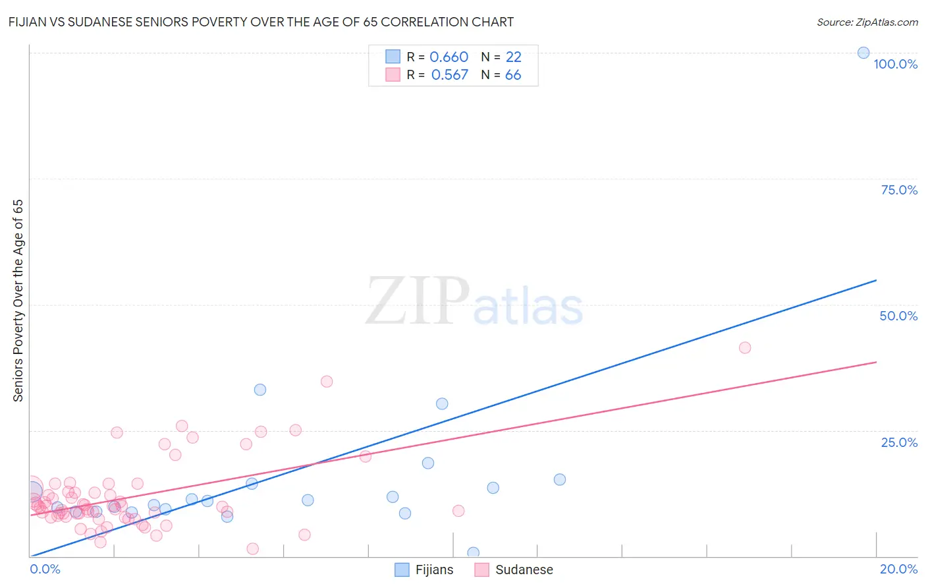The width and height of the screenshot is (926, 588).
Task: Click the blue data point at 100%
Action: [863, 53]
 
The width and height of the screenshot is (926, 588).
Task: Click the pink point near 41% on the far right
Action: [745, 347]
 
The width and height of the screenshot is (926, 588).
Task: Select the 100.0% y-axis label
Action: [895, 64]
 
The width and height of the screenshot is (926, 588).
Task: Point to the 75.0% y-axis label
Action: [899, 190]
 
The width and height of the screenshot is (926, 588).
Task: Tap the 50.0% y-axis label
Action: [898, 316]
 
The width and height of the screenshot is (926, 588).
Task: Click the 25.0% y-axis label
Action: [899, 442]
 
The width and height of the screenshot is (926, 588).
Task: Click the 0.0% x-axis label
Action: [45, 569]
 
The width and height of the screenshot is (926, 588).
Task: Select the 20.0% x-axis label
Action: [898, 569]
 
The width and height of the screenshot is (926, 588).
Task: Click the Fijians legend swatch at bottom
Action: [402, 570]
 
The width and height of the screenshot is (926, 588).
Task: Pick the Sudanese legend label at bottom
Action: [524, 570]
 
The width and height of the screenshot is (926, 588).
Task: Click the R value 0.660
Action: [449, 57]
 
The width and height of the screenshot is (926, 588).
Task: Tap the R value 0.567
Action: [449, 74]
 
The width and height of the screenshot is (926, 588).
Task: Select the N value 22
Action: [513, 57]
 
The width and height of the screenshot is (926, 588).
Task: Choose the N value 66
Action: [513, 74]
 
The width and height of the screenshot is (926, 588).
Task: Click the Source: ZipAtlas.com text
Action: [867, 22]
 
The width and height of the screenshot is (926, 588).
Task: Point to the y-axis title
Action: [18, 300]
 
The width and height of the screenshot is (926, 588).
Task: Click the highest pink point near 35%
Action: [327, 381]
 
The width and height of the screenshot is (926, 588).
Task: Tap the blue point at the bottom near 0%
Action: [473, 552]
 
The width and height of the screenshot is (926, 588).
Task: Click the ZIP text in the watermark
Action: [417, 301]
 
